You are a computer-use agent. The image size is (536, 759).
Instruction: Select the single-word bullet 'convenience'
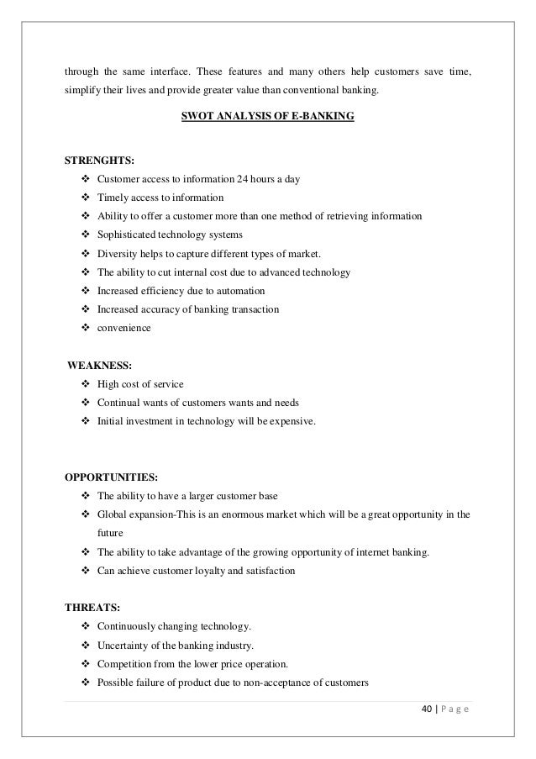(124, 329)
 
